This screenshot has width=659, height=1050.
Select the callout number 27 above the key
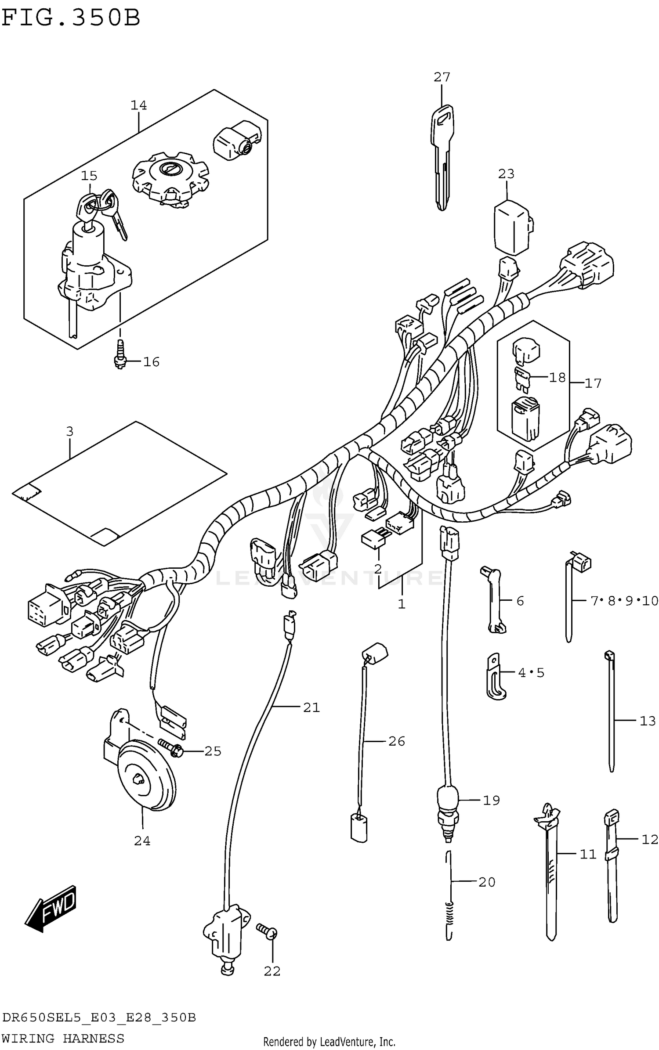(x=442, y=77)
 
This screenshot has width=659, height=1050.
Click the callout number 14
(x=138, y=105)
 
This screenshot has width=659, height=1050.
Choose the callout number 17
(x=593, y=383)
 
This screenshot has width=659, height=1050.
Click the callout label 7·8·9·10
(x=624, y=600)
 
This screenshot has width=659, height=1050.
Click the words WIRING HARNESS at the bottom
(x=63, y=1038)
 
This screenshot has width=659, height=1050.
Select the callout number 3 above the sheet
(x=70, y=432)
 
